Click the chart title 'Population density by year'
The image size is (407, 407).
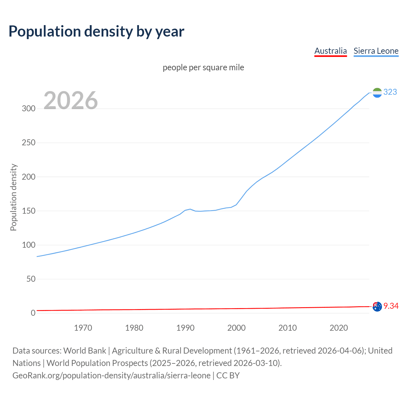click(x=96, y=31)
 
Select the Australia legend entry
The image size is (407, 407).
click(x=330, y=51)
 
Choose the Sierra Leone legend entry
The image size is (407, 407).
click(x=376, y=51)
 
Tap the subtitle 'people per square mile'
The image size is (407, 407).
click(x=203, y=67)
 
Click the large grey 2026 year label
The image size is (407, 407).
click(x=71, y=100)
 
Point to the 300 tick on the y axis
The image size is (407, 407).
click(x=28, y=108)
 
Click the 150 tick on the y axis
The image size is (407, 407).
click(x=28, y=211)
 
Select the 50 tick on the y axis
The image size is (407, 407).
click(x=31, y=279)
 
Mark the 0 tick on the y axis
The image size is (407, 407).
click(x=33, y=313)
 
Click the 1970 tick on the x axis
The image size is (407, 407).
click(x=83, y=328)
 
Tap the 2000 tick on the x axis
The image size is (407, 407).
click(x=237, y=328)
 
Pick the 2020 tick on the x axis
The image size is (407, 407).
click(x=339, y=328)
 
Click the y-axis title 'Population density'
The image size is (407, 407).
click(x=13, y=197)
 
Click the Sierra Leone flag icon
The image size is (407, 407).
click(x=377, y=93)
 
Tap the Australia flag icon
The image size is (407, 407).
click(x=377, y=307)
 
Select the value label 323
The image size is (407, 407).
click(x=390, y=92)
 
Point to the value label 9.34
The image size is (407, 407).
click(x=391, y=306)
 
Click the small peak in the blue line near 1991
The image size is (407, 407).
click(x=190, y=209)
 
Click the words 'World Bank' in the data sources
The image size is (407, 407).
click(x=85, y=350)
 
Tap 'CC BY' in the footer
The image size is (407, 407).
click(x=228, y=375)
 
